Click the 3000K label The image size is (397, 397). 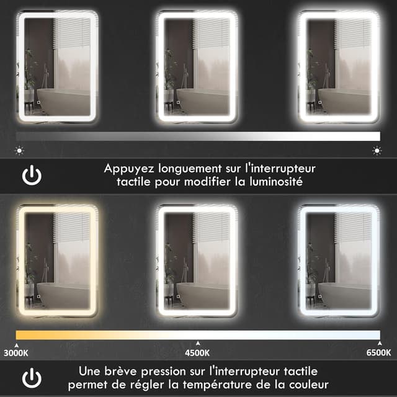point(16,353)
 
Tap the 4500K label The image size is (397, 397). point(198,353)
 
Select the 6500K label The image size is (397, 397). point(379,353)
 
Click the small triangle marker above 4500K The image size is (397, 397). point(198,343)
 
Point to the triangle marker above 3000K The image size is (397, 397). point(17,343)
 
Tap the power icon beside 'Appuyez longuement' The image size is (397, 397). point(32,176)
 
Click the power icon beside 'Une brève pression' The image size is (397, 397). point(32,378)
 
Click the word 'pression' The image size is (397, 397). point(169,371)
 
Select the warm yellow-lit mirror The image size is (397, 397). point(56,261)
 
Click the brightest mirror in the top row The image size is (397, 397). point(338,67)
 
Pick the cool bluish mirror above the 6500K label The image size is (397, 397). point(338,261)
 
